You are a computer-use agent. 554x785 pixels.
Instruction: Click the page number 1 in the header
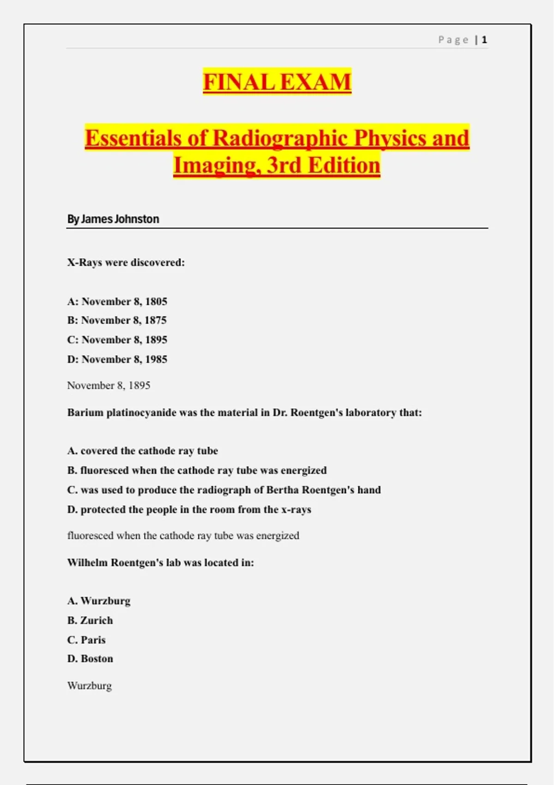pos(484,40)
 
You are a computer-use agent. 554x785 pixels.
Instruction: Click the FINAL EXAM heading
pos(277,82)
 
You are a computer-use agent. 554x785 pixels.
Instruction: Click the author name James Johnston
pos(120,219)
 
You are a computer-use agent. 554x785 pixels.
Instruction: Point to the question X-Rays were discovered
pos(126,262)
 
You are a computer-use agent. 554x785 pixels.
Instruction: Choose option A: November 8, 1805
pos(117,302)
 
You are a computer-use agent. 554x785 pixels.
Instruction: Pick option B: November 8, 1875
pos(117,320)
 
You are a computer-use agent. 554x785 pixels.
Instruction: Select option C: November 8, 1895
pos(117,340)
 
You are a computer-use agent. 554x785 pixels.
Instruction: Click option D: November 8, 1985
pos(117,359)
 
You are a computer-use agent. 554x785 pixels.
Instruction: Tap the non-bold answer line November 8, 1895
pos(108,385)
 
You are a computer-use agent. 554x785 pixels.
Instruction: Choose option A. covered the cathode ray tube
pos(143,451)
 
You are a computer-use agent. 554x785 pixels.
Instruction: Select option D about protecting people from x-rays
pos(189,509)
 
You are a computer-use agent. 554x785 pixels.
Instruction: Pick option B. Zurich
pos(90,620)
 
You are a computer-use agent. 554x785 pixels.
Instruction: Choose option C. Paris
pos(86,640)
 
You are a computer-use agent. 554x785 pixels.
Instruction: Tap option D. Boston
pos(90,658)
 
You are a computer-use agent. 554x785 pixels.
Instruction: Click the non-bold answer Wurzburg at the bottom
pos(90,685)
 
